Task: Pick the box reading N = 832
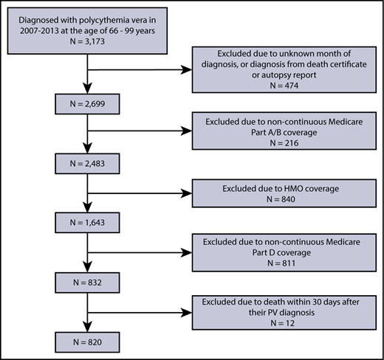click(x=89, y=282)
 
